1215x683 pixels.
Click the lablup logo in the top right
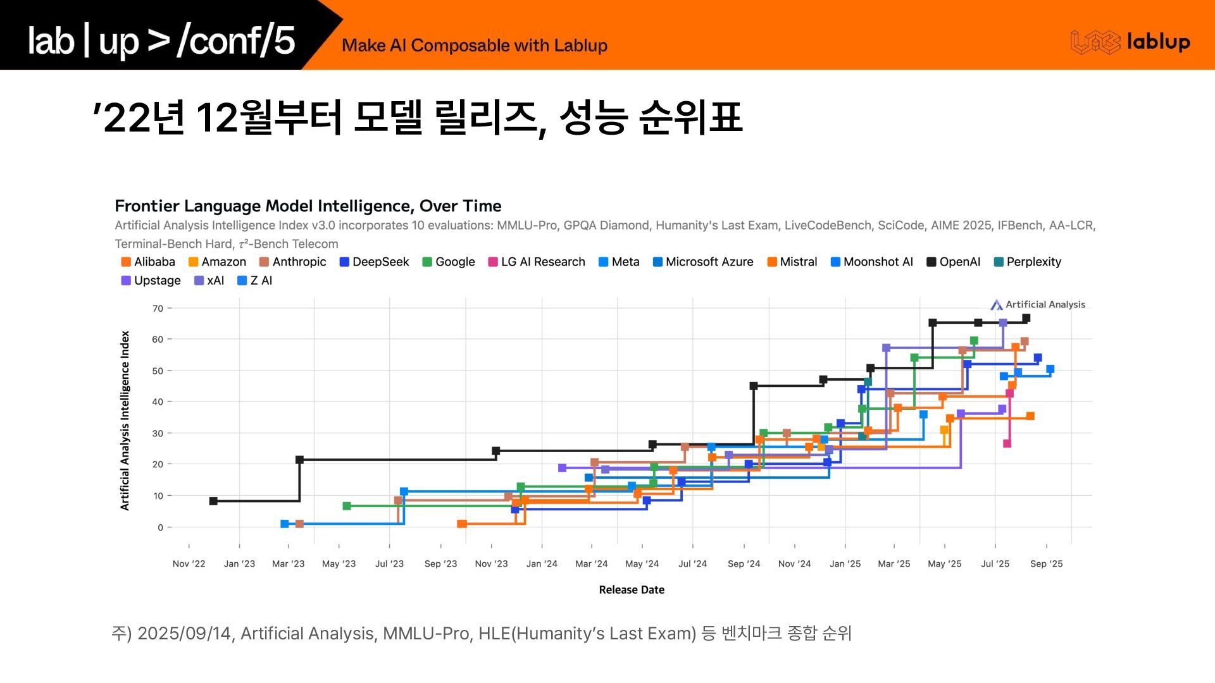click(1130, 42)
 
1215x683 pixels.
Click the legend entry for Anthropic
click(292, 262)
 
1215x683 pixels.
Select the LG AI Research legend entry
click(536, 262)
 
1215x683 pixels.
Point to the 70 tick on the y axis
click(158, 309)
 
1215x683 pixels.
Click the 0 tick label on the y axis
click(161, 527)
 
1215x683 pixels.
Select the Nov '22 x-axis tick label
click(189, 563)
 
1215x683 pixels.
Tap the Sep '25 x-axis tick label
click(1046, 563)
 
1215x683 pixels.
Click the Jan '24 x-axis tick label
click(542, 563)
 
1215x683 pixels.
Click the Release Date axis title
click(632, 589)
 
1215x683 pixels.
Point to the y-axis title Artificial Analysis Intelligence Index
click(125, 421)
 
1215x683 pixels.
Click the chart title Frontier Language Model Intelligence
click(308, 206)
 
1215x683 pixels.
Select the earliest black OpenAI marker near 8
click(213, 501)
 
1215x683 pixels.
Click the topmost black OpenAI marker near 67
click(1026, 318)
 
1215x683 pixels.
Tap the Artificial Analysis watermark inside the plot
click(1038, 305)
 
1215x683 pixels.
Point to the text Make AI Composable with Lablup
click(474, 46)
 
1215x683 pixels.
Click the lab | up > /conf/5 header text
click(161, 40)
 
